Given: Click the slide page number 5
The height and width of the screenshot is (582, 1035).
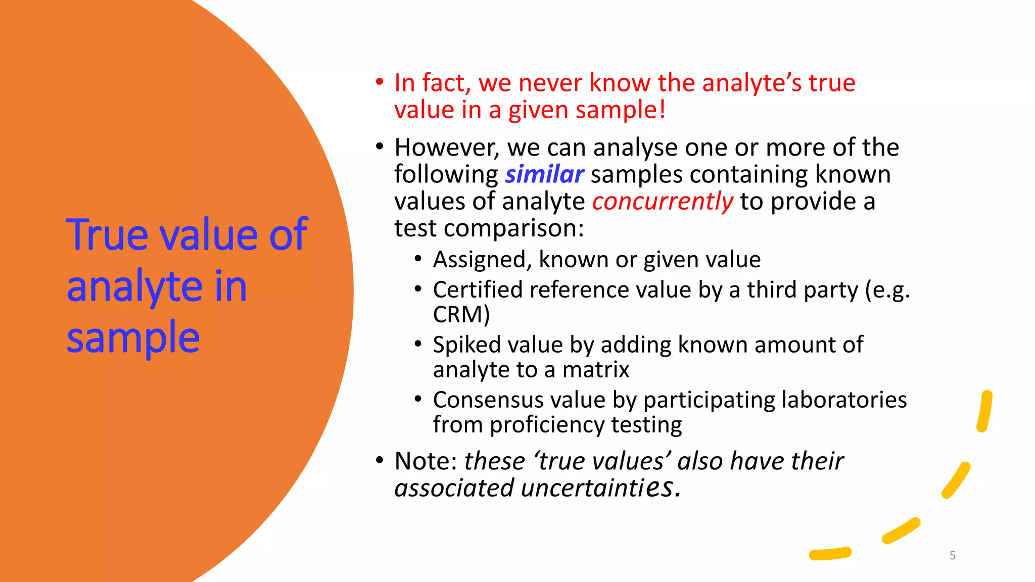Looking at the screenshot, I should [x=952, y=556].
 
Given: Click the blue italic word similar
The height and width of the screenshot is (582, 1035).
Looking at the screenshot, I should [x=544, y=175].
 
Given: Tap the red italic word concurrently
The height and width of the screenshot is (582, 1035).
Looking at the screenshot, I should [x=663, y=202].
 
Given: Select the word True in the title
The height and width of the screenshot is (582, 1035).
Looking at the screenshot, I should [x=108, y=235].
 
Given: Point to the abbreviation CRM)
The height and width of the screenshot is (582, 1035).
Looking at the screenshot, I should [x=461, y=315].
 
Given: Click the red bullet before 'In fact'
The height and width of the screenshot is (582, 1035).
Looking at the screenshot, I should [x=380, y=82].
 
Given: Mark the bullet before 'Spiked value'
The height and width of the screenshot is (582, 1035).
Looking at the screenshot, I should [x=417, y=344].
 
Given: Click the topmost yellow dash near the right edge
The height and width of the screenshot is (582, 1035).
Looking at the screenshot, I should [x=984, y=411].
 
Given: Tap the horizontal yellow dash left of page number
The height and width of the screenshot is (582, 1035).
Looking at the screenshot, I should [x=830, y=554].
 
